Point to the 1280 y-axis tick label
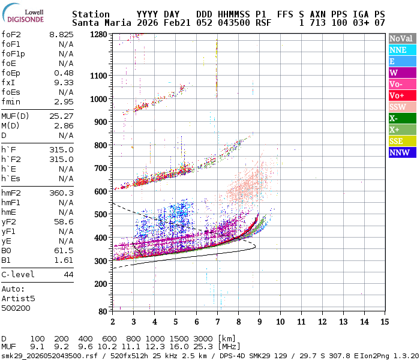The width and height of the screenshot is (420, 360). (x=98, y=35)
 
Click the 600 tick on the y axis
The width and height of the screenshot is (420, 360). (x=101, y=191)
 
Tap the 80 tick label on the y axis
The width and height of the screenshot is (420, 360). (x=103, y=311)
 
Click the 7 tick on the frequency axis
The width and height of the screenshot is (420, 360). (x=217, y=322)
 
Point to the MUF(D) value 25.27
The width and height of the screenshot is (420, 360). (x=61, y=116)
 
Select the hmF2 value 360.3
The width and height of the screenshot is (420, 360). (x=61, y=193)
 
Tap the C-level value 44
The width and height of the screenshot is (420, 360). (x=68, y=274)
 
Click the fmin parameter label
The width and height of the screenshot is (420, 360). (x=11, y=101)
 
